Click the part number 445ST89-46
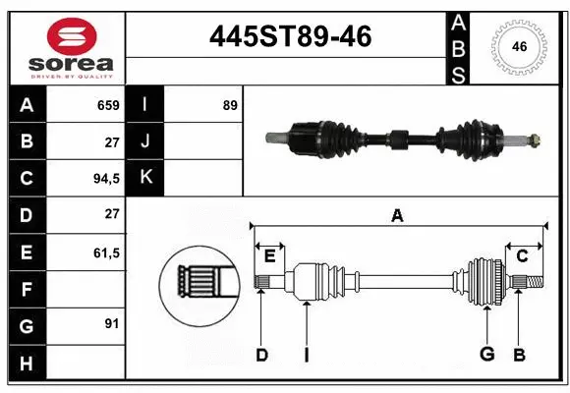[290, 37]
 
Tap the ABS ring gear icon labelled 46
[518, 46]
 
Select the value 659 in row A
[107, 105]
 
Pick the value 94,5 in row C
[105, 179]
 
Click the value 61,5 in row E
[105, 253]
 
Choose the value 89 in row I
[230, 105]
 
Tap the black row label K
[144, 178]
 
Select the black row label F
[27, 289]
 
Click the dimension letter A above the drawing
[397, 215]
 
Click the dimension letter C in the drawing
[522, 256]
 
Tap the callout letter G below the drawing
[485, 355]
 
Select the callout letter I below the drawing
[306, 355]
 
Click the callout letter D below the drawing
[261, 355]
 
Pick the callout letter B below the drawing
[519, 355]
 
